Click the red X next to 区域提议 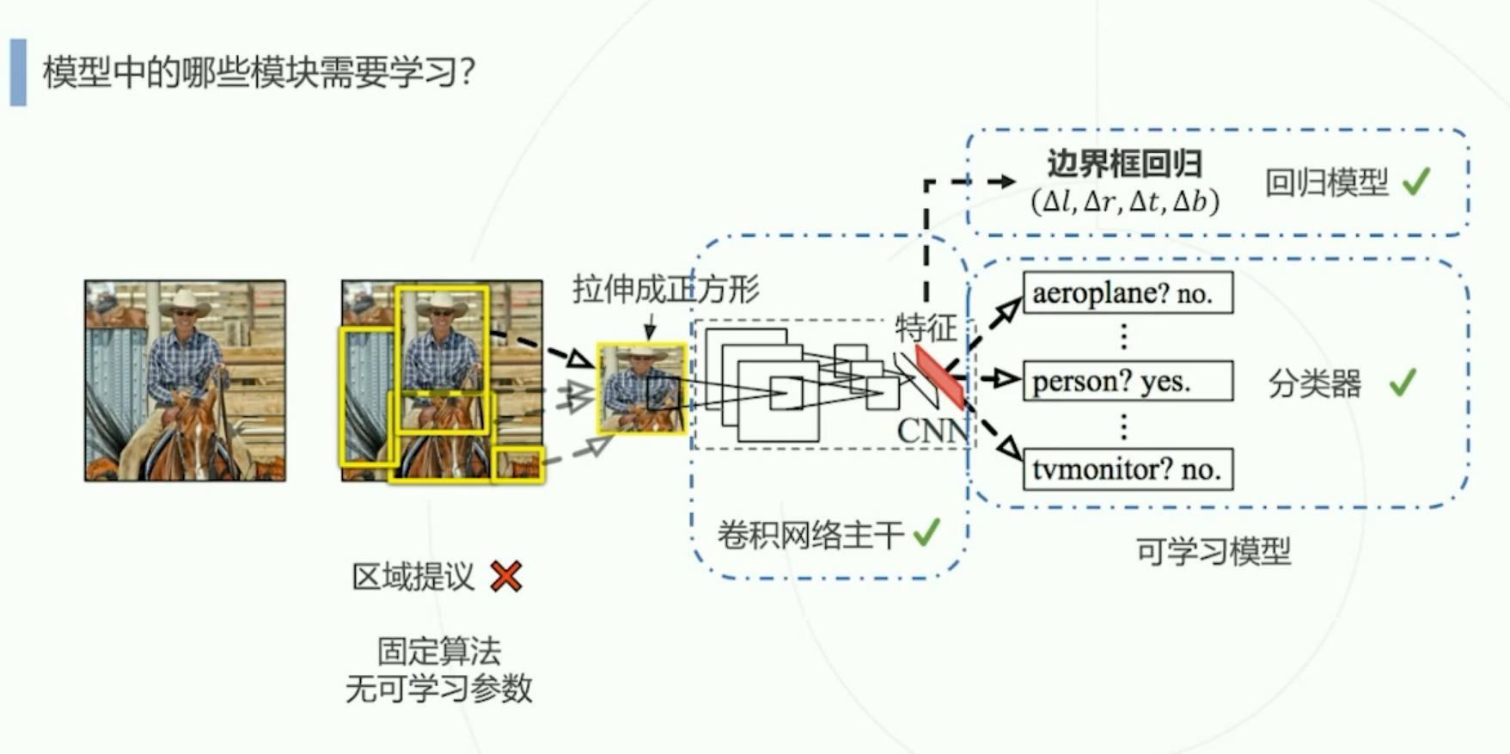tap(505, 576)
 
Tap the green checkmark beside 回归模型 tap(1416, 181)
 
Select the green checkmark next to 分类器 tap(1403, 382)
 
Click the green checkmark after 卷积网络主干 tap(926, 533)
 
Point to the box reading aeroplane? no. tap(1128, 293)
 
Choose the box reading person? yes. tap(1128, 381)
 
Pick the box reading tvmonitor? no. tap(1128, 469)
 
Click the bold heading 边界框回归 tap(1124, 163)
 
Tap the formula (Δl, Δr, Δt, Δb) tap(1124, 202)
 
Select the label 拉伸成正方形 tap(665, 290)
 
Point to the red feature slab tap(939, 377)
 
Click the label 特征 tap(925, 328)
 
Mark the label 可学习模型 tap(1213, 551)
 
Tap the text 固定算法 tap(438, 651)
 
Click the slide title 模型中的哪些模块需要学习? tap(258, 72)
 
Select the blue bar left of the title tap(18, 72)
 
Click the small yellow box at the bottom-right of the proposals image tap(518, 464)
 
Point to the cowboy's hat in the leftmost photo tap(185, 302)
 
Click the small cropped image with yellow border tap(641, 389)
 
